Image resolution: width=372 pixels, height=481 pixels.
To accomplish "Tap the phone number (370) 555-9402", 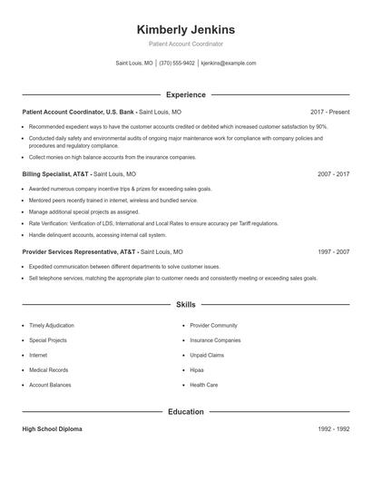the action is (x=177, y=64).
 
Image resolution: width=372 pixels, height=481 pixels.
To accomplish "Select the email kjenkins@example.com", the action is (x=228, y=64).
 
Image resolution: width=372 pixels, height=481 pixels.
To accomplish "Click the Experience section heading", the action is (x=185, y=94).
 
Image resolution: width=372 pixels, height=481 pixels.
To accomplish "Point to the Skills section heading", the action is (x=185, y=305).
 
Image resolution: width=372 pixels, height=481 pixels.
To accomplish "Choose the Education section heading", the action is (x=185, y=411).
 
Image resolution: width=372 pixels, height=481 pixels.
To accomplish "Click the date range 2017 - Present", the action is (x=329, y=112).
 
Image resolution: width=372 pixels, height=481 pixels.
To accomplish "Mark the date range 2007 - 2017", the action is (x=333, y=173).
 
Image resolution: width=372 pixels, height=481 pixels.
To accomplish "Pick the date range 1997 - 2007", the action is (x=333, y=251).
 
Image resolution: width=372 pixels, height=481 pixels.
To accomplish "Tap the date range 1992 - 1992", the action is (x=333, y=428).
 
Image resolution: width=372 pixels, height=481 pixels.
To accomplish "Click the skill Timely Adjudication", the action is (x=52, y=325).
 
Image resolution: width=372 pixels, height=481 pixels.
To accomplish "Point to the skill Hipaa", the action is (x=197, y=370).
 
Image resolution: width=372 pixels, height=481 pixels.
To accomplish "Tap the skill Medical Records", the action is (x=48, y=370).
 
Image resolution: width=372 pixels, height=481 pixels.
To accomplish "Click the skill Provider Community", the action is (x=213, y=325).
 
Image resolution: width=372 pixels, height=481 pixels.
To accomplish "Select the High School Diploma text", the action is (x=52, y=428).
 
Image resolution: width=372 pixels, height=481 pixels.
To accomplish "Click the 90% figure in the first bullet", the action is (x=321, y=126).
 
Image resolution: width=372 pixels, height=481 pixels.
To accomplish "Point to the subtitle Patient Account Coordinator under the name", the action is (x=185, y=44).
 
